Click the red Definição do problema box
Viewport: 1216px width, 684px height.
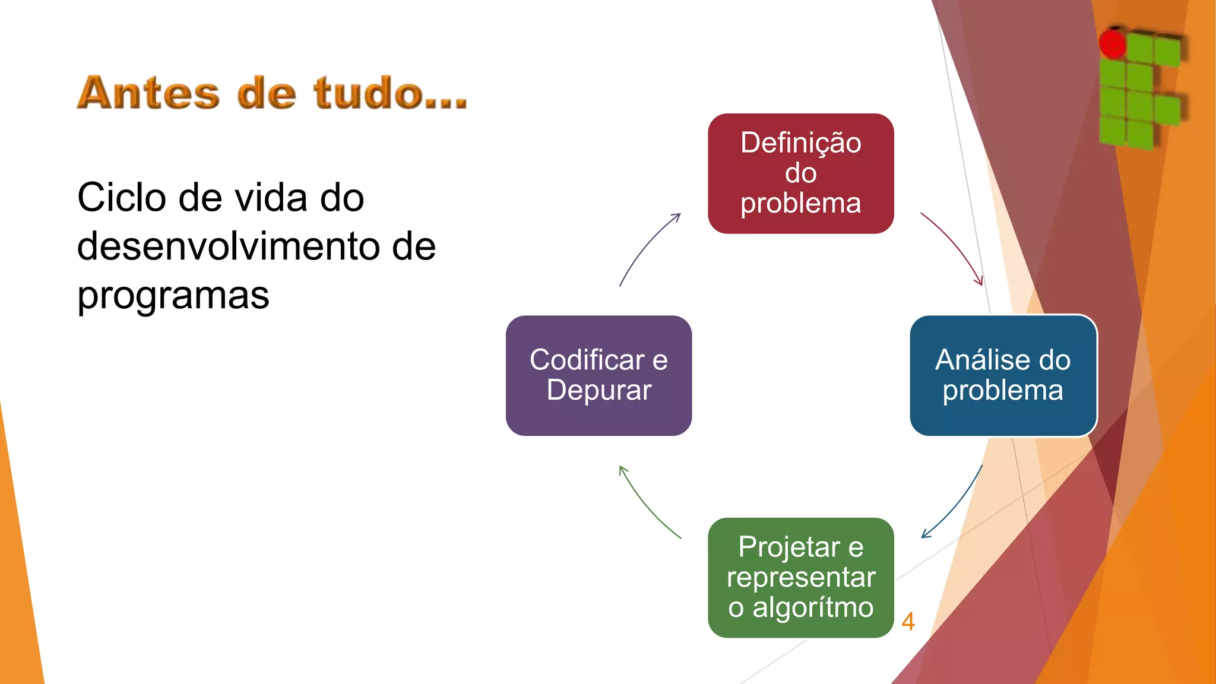coord(800,173)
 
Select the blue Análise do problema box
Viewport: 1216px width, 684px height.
coord(1003,375)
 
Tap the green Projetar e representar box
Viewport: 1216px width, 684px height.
coord(800,577)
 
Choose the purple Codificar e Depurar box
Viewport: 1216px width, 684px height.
coord(598,375)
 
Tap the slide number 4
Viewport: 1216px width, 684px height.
coord(908,622)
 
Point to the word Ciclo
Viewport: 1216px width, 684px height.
coord(121,198)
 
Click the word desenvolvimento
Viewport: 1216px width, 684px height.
coord(226,246)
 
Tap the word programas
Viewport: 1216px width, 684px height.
coord(173,295)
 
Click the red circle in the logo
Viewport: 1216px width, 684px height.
coord(1112,43)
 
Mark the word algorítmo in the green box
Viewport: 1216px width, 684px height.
coord(813,607)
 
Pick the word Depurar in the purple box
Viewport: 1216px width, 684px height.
coord(598,391)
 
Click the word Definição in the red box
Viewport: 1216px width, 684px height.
coord(800,143)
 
